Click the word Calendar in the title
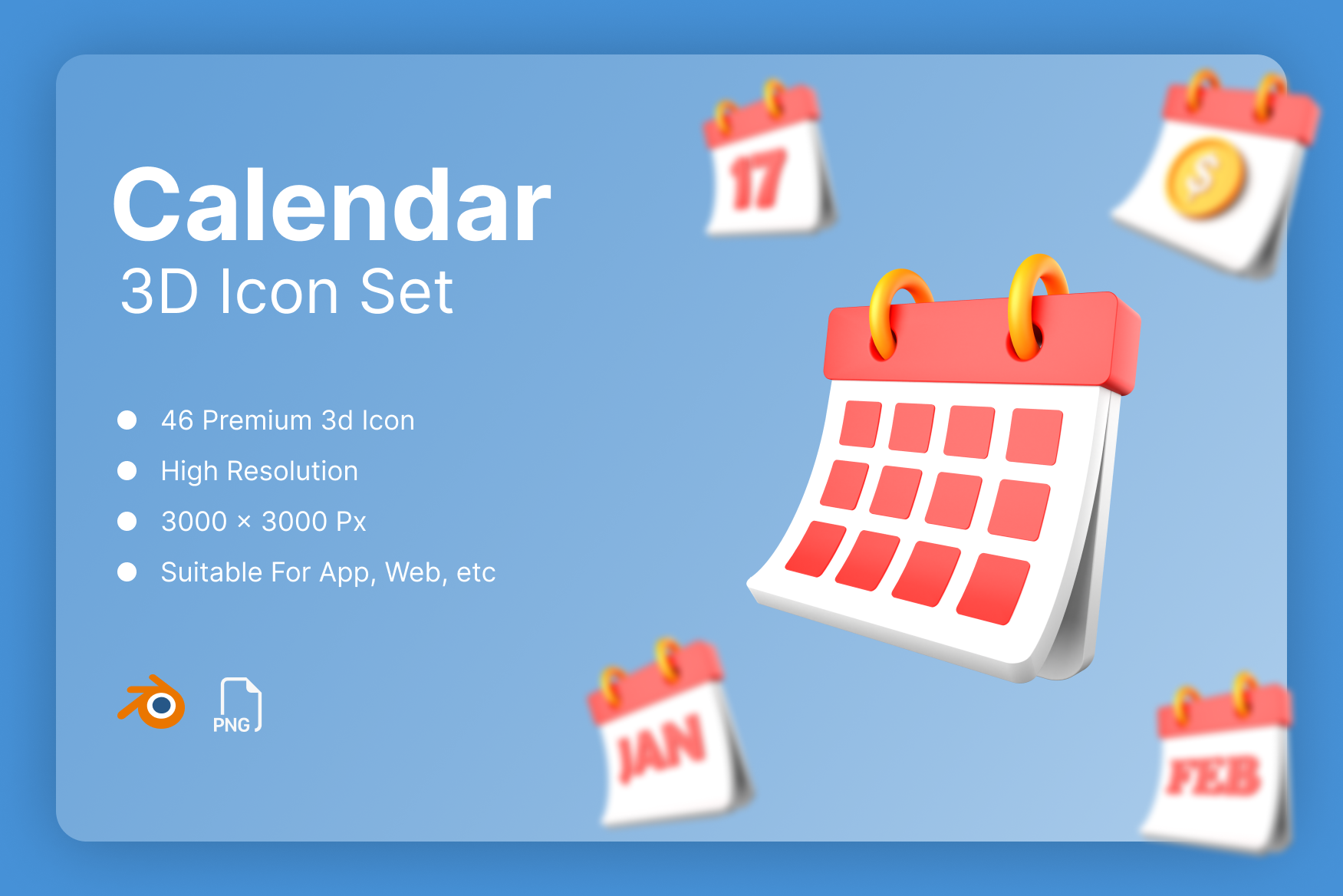tap(331, 206)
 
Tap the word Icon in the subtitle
tap(279, 292)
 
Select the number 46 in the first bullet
tap(177, 420)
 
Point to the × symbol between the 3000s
tap(244, 522)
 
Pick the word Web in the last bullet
tap(413, 572)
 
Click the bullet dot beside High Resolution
tap(127, 471)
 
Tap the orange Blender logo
tap(153, 703)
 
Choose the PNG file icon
tap(238, 705)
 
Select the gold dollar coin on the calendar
tap(1202, 177)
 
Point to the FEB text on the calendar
tap(1214, 776)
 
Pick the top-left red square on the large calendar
tap(861, 423)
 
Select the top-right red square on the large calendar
tap(1035, 436)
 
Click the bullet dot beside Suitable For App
tap(127, 572)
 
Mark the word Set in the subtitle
tap(407, 292)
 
